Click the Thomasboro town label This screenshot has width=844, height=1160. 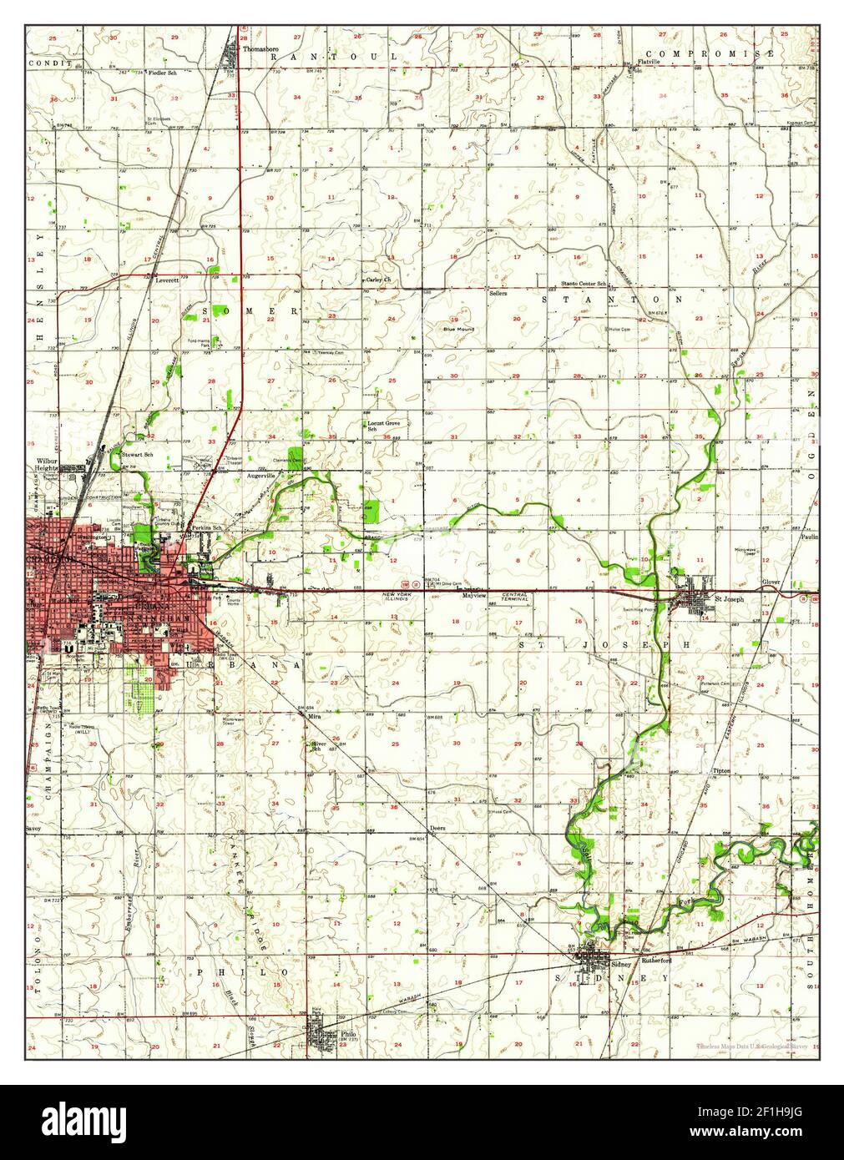tap(260, 48)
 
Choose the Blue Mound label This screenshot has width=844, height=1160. tap(458, 329)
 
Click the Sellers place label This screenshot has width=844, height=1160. tap(498, 293)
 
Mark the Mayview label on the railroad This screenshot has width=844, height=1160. tap(474, 597)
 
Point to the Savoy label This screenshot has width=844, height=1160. tap(33, 830)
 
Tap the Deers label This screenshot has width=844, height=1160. tap(437, 828)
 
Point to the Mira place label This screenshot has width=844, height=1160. tap(314, 716)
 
